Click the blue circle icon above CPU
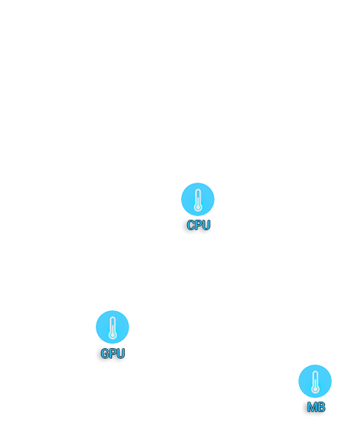[198, 199]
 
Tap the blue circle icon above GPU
[112, 327]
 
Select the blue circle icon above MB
[315, 381]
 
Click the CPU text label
[199, 225]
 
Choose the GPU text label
[113, 353]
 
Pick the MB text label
[316, 407]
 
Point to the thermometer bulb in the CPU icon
[198, 207]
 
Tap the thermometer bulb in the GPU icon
[113, 335]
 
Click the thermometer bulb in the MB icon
[315, 389]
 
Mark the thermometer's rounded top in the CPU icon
[198, 191]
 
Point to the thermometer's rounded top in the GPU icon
[113, 319]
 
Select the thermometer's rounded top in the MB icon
[315, 373]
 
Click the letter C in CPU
[191, 225]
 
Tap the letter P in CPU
[198, 225]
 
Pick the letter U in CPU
[206, 225]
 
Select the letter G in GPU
[105, 353]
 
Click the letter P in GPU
[113, 353]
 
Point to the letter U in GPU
[121, 353]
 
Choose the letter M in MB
[312, 407]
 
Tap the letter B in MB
[321, 407]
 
